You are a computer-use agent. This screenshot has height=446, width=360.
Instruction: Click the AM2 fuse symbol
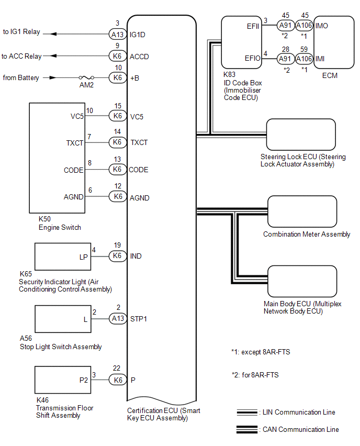86,77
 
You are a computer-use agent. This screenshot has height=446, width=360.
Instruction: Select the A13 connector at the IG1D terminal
117,35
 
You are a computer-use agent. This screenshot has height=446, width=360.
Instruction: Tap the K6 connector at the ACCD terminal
117,56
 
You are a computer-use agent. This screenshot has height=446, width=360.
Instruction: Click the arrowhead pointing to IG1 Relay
53,34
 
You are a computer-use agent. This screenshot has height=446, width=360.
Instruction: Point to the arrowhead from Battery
53,77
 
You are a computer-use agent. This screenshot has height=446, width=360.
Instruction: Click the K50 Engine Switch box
57,158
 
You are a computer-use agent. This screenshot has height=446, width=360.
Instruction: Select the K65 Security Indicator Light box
63,257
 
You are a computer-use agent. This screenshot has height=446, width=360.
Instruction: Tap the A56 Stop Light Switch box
63,319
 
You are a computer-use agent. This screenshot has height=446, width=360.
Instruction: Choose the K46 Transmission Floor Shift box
63,380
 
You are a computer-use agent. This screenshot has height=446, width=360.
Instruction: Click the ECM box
334,42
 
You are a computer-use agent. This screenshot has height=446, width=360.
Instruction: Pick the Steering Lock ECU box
301,135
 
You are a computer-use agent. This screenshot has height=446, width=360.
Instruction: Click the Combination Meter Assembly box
302,211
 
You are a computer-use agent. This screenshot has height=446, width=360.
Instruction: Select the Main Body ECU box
302,281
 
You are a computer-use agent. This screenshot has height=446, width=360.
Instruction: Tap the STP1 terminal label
139,319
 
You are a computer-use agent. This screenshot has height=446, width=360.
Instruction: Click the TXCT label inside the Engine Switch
75,143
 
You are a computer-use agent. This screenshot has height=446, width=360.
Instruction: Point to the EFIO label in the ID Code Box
253,58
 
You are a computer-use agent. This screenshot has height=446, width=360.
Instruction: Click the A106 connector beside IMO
304,25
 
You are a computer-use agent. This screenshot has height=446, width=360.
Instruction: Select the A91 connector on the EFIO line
286,59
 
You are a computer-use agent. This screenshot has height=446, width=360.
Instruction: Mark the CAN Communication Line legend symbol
247,429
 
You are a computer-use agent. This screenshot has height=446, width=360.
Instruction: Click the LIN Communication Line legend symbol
247,412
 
